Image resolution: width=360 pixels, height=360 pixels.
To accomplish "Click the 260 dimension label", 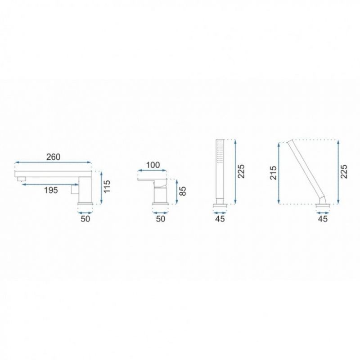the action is [x=53, y=157].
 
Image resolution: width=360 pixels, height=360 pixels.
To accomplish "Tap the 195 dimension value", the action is [x=51, y=190].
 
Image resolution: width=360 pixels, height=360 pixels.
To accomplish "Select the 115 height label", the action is [x=107, y=187].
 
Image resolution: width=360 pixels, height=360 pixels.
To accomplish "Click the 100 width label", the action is [x=153, y=165].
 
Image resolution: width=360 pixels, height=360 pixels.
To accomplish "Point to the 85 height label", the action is [x=183, y=191].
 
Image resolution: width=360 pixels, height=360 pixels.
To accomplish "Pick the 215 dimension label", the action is [x=273, y=173].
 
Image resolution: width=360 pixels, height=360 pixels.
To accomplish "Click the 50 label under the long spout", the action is [x=85, y=219].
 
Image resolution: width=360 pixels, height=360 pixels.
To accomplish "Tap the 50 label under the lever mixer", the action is [x=161, y=219].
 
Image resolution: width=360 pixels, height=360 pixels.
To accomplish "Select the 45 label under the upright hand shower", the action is [x=220, y=219].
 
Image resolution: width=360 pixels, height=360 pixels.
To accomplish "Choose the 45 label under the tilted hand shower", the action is [x=323, y=219].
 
